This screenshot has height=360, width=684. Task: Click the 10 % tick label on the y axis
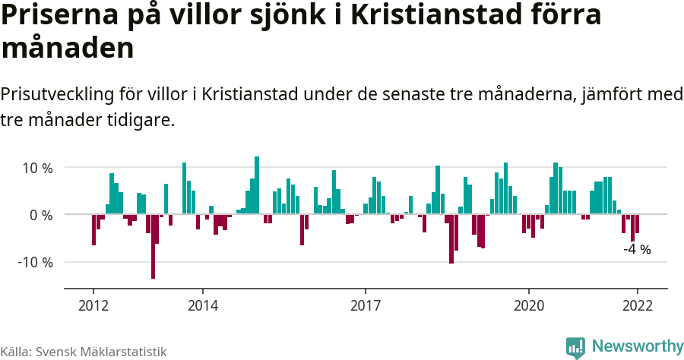pyautogui.click(x=36, y=168)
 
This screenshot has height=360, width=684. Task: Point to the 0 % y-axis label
pyautogui.click(x=40, y=215)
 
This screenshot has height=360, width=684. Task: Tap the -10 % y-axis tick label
pyautogui.click(x=34, y=262)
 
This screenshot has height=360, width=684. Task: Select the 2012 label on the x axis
pyautogui.click(x=93, y=305)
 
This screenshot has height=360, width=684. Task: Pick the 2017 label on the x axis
pyautogui.click(x=366, y=305)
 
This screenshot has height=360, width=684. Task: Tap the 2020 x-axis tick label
pyautogui.click(x=529, y=305)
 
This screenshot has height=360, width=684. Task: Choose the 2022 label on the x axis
pyautogui.click(x=637, y=305)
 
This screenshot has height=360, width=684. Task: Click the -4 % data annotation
pyautogui.click(x=637, y=249)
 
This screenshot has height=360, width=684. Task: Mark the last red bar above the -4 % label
pyautogui.click(x=637, y=224)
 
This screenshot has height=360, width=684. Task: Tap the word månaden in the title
pyautogui.click(x=68, y=49)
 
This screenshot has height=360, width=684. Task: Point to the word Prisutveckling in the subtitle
pyautogui.click(x=57, y=95)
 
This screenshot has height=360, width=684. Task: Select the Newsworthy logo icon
pyautogui.click(x=575, y=347)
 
